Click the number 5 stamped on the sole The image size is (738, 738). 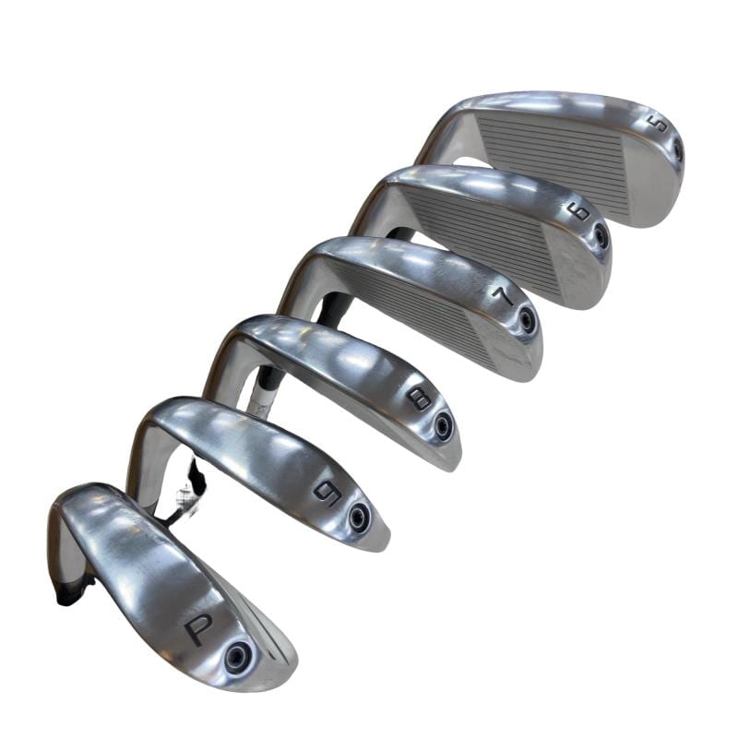(660, 124)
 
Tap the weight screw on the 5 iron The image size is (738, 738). (677, 151)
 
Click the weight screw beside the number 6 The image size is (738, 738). (601, 235)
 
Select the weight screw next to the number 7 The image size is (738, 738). (525, 318)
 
